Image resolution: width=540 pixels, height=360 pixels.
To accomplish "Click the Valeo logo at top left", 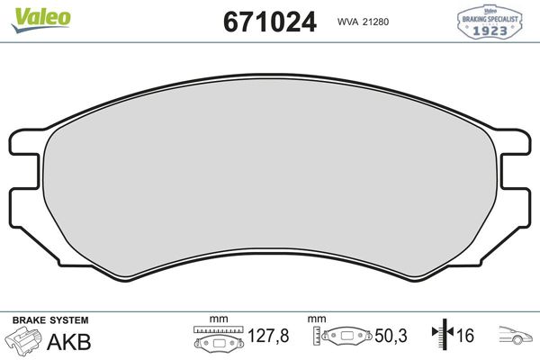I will (31, 12).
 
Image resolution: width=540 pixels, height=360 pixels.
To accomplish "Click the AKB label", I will (73, 339).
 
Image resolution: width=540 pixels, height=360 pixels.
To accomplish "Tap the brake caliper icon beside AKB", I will (25, 342).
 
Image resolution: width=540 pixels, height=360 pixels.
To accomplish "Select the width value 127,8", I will (269, 337).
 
